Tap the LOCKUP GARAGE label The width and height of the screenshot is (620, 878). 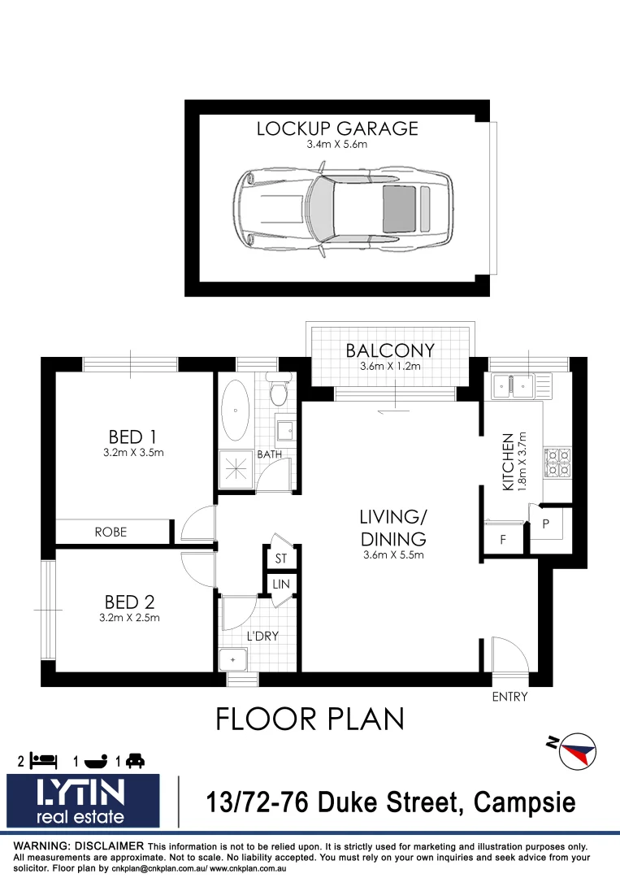point(337,128)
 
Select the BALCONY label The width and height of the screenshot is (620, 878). point(390,350)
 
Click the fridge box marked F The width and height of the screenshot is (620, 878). point(502,539)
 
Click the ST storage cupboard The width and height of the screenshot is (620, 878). point(281,559)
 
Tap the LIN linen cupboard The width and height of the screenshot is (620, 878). point(281,585)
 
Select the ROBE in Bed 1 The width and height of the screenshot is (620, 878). point(111,532)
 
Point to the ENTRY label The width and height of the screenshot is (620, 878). point(509,697)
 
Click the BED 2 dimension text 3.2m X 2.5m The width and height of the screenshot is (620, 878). point(129,618)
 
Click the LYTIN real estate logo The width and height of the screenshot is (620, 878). point(83,800)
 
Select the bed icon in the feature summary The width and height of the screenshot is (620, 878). point(45,761)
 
